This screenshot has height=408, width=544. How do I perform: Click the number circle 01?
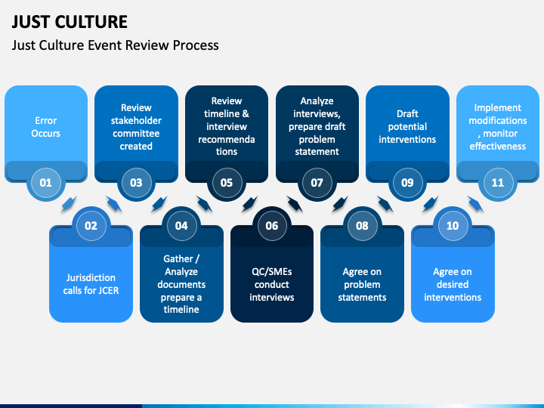point(46,182)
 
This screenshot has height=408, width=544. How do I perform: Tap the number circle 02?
point(91,225)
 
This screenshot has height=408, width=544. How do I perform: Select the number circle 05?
point(227,182)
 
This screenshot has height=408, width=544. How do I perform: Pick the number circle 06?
point(272,225)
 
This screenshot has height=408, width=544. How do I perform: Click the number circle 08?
point(363,225)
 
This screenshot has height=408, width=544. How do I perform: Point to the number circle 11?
point(498,182)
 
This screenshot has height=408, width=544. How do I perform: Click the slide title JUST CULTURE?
point(69,21)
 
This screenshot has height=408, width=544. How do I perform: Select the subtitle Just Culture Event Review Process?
point(115,45)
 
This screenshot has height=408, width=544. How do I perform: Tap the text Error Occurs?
point(46,127)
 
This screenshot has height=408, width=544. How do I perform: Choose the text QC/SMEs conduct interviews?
point(272,284)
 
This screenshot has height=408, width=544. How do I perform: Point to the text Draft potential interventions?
point(407,127)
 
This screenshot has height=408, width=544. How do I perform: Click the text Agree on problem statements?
point(363,284)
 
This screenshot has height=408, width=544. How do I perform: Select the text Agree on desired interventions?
point(453,284)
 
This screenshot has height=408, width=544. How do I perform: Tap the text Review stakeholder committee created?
point(136,127)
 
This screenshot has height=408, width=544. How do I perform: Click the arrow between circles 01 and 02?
point(68,204)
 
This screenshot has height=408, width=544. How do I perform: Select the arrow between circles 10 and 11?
point(475,204)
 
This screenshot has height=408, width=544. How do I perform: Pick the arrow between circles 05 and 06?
point(249,204)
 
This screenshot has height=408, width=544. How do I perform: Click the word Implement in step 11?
point(498,107)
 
